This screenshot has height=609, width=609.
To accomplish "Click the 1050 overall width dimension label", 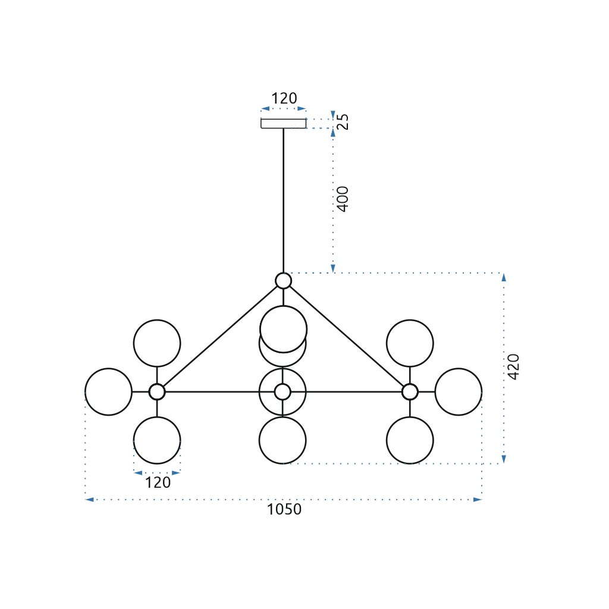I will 284,510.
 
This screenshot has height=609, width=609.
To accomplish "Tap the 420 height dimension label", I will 513,367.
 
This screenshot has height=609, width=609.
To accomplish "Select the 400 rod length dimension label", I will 343,199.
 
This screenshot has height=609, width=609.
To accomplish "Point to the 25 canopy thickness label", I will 343,122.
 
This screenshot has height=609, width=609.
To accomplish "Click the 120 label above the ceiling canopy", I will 284,99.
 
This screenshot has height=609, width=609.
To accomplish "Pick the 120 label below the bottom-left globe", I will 158,482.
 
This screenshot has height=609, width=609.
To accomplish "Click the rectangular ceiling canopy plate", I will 284,123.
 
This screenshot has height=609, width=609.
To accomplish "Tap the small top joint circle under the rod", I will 284,281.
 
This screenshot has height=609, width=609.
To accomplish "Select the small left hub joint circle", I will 157,392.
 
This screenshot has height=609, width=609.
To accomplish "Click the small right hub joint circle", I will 410,392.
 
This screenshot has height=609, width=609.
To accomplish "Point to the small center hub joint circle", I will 283,392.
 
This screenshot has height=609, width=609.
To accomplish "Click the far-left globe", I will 108,392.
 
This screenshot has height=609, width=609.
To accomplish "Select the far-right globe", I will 459,392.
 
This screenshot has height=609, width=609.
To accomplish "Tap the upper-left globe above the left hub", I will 157,343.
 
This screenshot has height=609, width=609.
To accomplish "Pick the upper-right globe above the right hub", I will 410,343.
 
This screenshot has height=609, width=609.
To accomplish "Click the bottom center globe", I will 283,441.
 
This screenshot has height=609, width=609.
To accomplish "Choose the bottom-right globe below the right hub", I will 410,441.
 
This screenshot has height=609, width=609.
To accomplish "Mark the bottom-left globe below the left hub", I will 157,441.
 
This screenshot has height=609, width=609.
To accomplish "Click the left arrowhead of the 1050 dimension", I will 90,500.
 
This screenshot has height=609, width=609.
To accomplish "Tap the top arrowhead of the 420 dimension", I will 504,277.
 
